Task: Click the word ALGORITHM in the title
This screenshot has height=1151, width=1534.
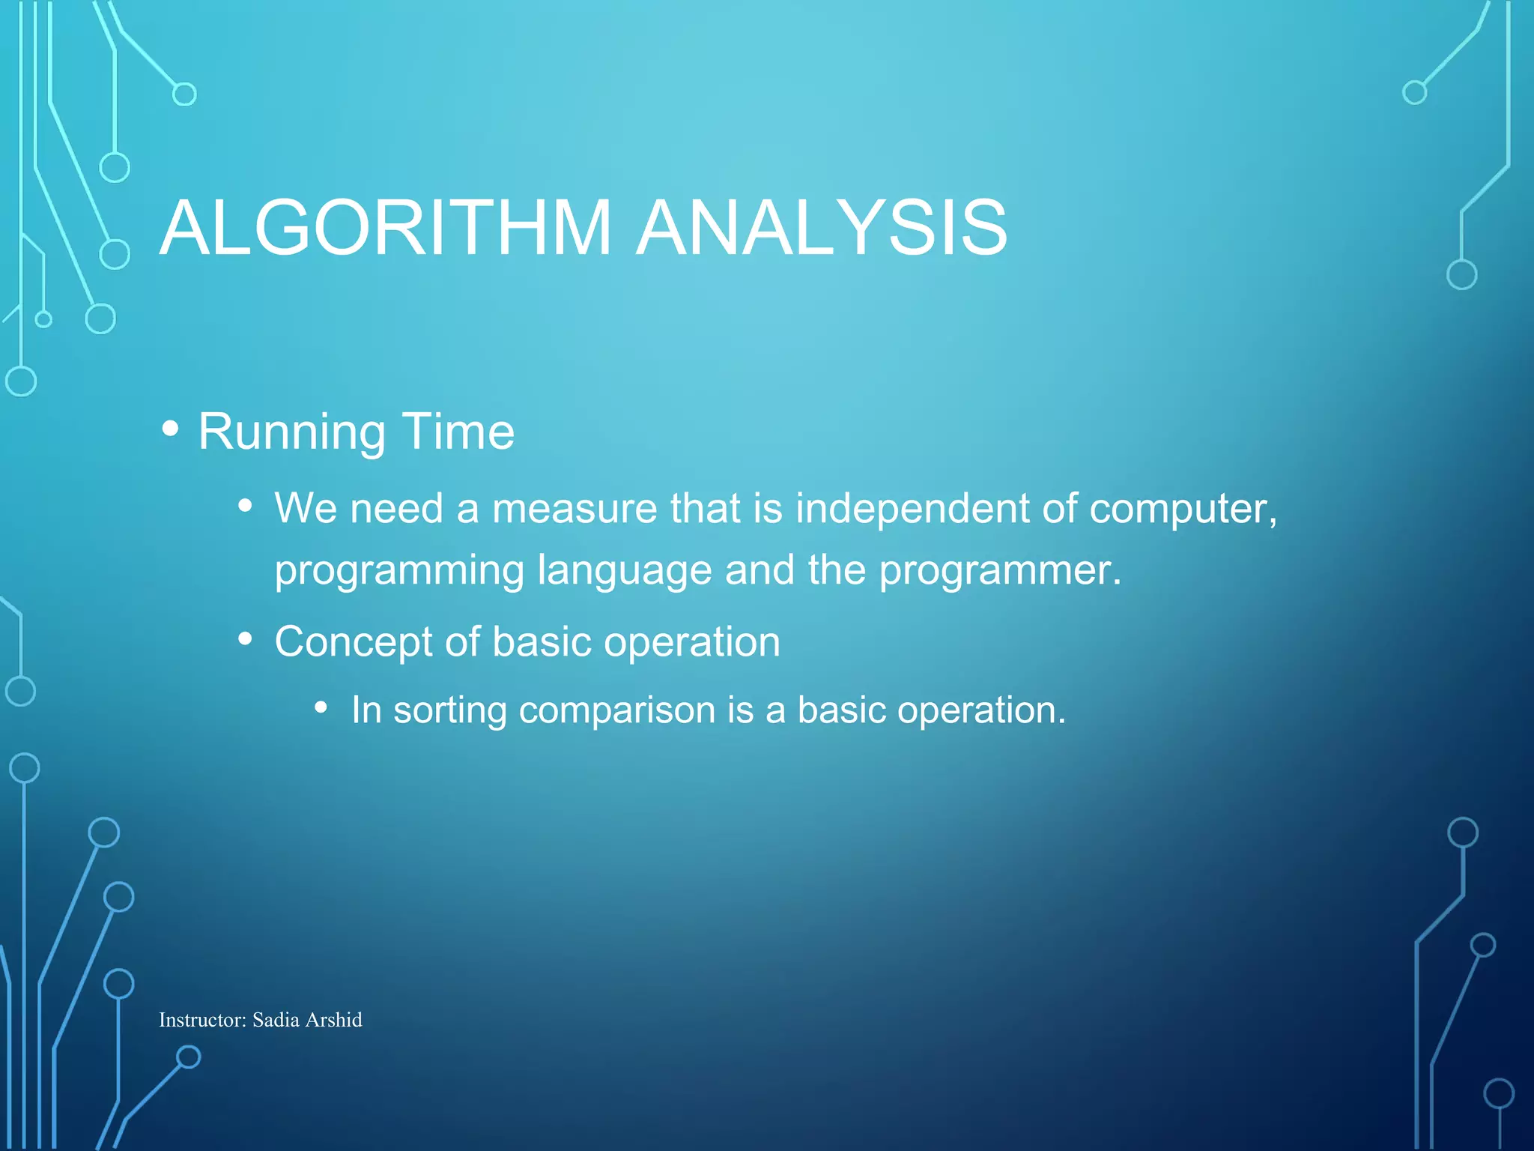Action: coord(386,228)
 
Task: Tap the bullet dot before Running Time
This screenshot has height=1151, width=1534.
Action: coord(171,429)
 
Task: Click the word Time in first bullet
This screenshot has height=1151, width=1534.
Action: coord(458,432)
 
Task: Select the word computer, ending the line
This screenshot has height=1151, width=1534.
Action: coord(1183,510)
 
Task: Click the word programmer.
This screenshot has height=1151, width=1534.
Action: coord(1000,571)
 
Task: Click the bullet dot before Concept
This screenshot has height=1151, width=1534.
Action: coord(245,640)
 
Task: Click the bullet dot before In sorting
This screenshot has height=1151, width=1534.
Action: coord(321,707)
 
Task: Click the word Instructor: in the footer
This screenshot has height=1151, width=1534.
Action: coord(202,1020)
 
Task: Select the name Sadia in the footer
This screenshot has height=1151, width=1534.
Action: coord(276,1020)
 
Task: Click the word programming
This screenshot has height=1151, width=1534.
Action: coord(398,571)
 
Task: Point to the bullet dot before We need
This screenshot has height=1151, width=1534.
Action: coord(245,507)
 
